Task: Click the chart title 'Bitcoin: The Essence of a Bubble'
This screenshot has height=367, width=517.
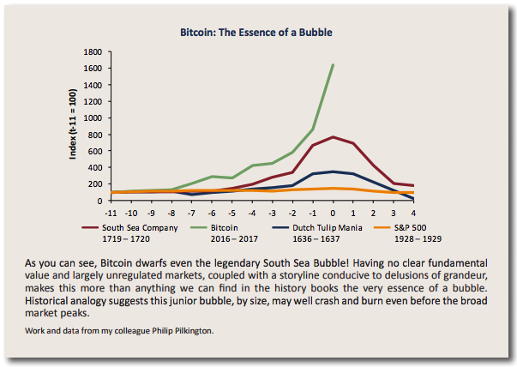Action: click(256, 33)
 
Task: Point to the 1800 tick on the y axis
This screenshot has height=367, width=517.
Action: click(94, 53)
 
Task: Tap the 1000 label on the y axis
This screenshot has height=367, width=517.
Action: click(94, 119)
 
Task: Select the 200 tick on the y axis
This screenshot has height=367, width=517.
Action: click(97, 185)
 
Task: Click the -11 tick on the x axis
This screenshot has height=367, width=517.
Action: click(111, 212)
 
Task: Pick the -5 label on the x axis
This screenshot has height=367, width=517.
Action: click(232, 212)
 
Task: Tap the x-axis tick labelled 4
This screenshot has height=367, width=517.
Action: click(413, 212)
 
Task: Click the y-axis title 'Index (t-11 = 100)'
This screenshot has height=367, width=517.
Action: click(75, 126)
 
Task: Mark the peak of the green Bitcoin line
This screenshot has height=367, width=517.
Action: click(333, 65)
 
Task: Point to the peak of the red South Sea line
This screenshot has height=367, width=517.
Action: click(333, 137)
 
